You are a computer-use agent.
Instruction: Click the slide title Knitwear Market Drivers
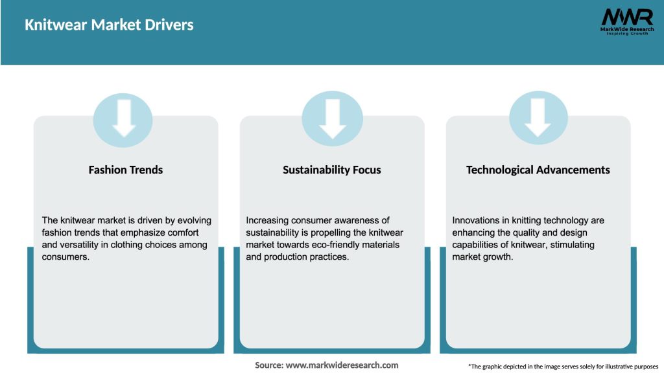(109, 25)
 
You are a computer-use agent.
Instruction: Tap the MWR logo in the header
(627, 21)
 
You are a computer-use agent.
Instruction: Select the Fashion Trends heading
(125, 170)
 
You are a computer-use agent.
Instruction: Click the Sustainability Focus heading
(331, 170)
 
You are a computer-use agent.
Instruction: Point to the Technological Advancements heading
(538, 170)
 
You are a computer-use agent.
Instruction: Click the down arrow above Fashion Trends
(124, 118)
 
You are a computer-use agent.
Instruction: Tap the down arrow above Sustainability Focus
(333, 119)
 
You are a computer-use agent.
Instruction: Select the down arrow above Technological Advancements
(538, 118)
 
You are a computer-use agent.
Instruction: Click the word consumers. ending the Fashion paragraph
(65, 257)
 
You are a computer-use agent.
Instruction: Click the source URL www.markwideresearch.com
(342, 365)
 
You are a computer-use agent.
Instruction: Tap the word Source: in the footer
(269, 365)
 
